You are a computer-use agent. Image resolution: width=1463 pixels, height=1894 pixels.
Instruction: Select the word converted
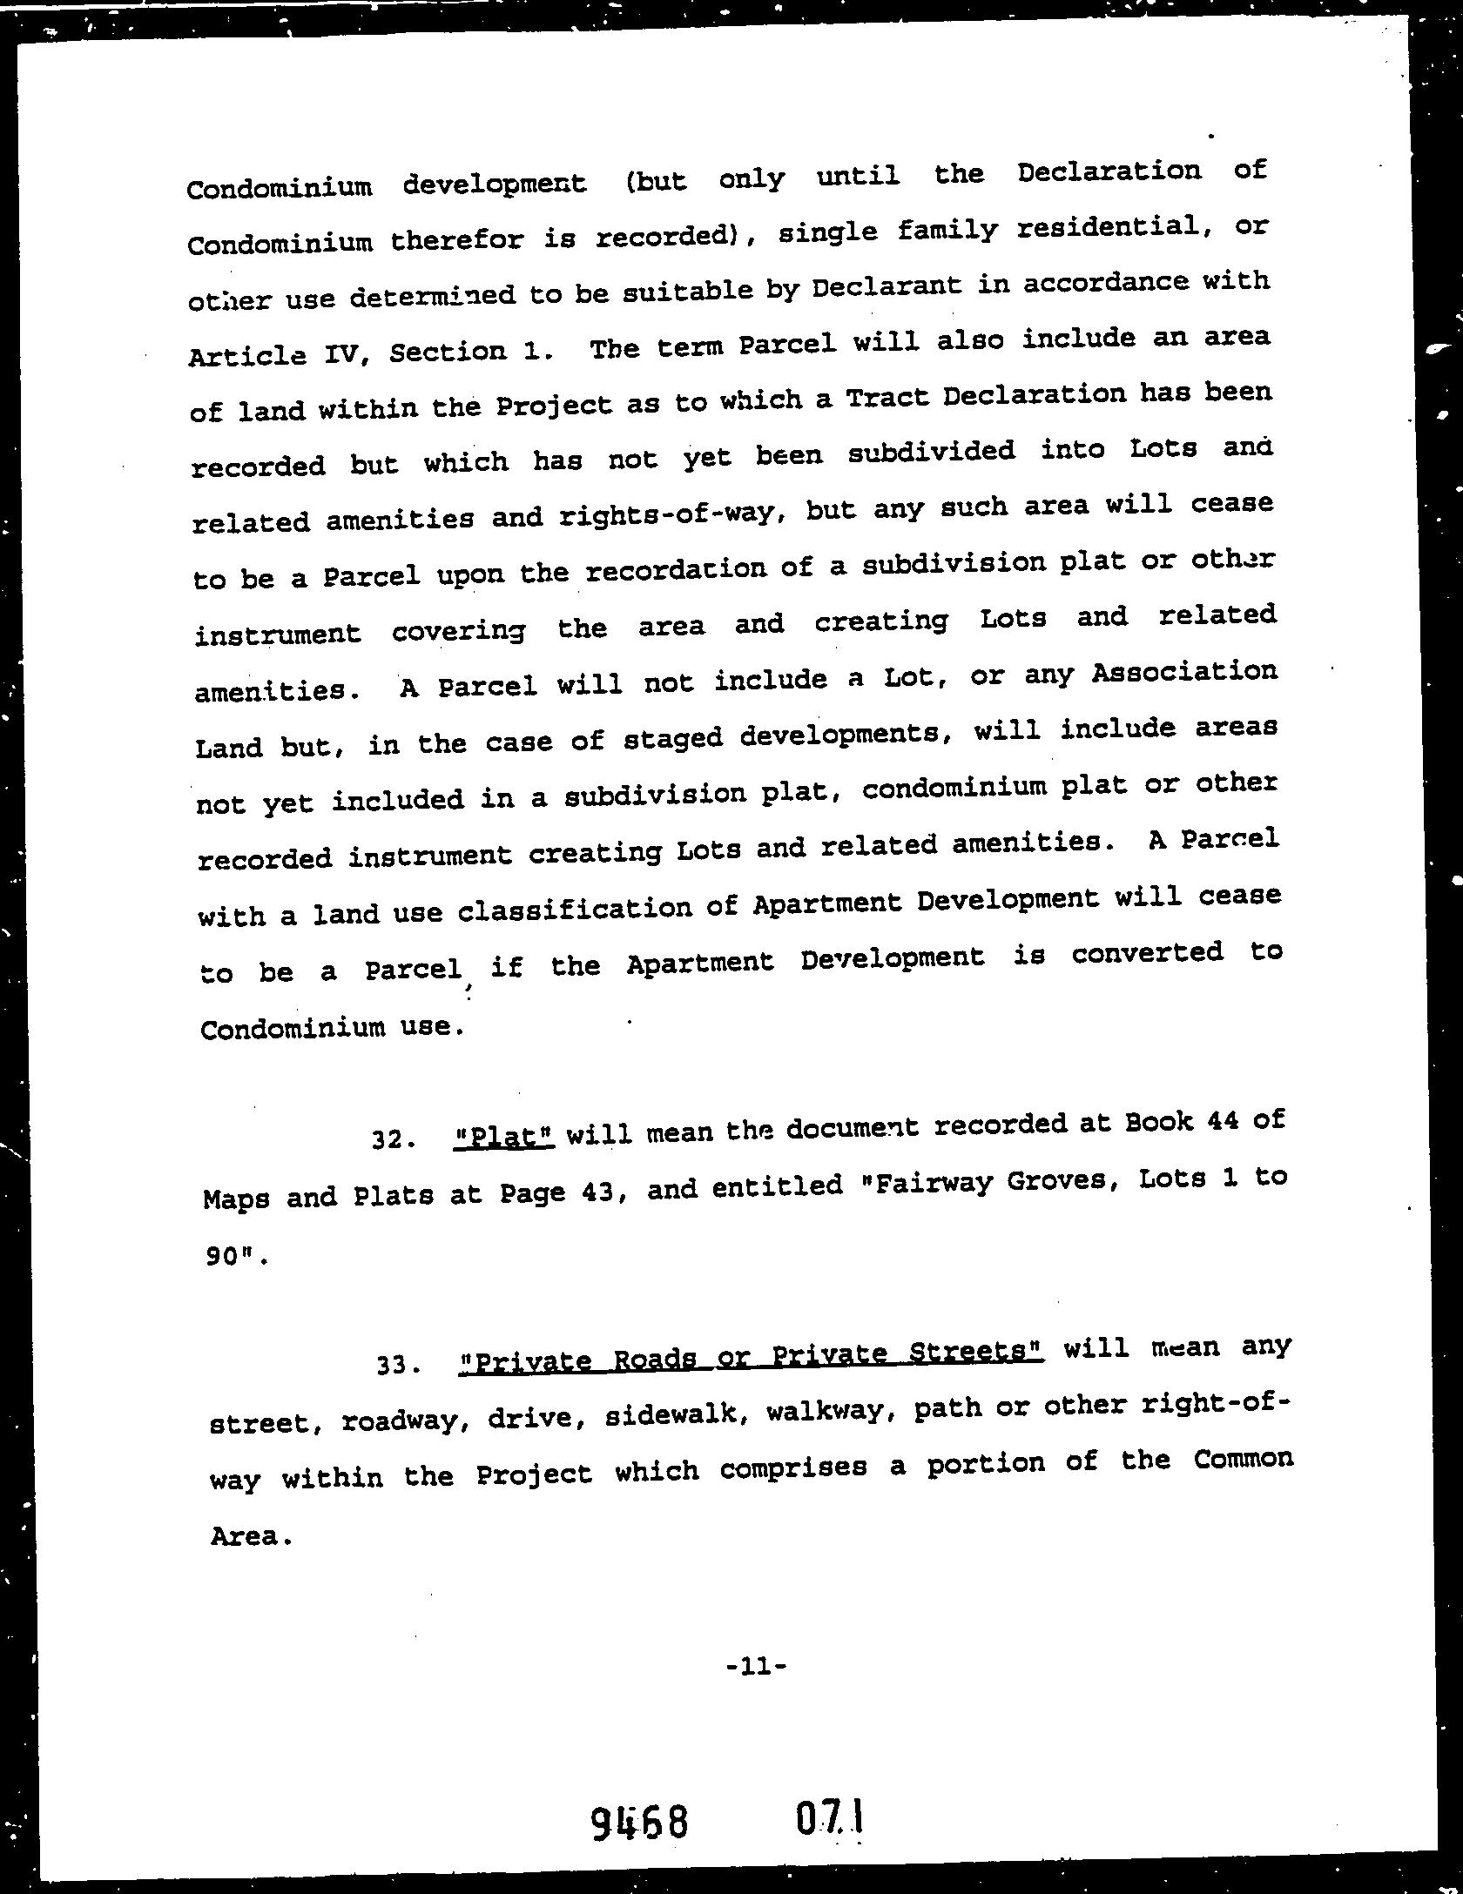(1147, 953)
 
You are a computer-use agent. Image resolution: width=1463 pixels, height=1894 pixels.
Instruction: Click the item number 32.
(390, 1138)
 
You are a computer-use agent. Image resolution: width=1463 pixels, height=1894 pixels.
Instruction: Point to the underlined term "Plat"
(505, 1137)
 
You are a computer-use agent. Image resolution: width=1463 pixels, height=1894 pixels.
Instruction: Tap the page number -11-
(756, 1667)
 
